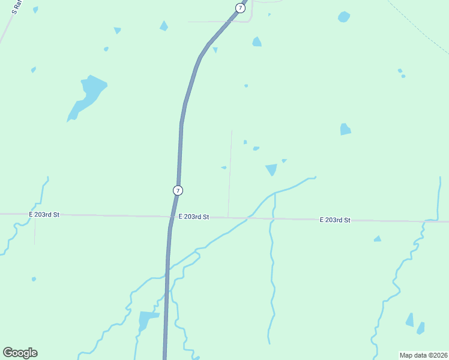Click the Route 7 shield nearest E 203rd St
point(178,190)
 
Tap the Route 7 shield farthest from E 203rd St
point(240,8)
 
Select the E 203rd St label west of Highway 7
point(44,214)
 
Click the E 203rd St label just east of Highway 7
point(193,217)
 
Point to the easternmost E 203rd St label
point(334,220)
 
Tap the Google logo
point(20,353)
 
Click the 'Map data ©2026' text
point(424,355)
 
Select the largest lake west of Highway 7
point(88,95)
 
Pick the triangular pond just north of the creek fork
point(271,169)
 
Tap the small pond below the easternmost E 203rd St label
point(377,239)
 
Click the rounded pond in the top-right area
point(344,17)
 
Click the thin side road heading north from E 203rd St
point(230,171)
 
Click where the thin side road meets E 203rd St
point(228,217)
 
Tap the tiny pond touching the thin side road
point(224,167)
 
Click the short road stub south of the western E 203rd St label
point(35,231)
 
